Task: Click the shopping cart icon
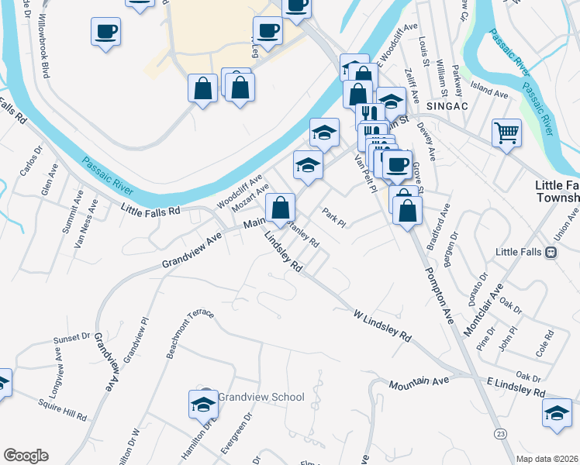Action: [x=506, y=133]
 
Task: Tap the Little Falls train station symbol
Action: [x=551, y=252]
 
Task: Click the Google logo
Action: [x=26, y=456]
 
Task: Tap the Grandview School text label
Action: [x=261, y=397]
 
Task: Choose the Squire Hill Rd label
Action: [x=63, y=409]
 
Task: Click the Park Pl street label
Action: [x=333, y=218]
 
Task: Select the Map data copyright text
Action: [x=547, y=458]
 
